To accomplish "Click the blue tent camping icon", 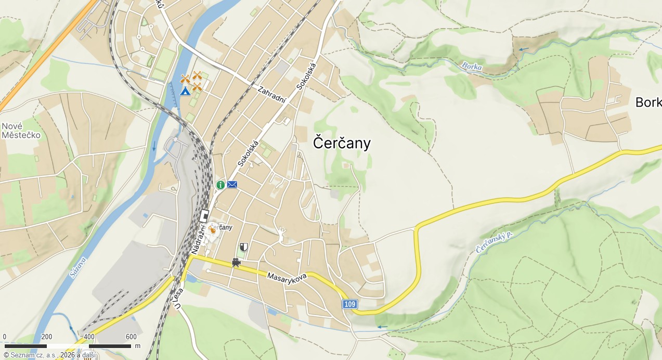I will (x=185, y=92).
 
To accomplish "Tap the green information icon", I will (x=220, y=185).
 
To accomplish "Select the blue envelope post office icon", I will (x=232, y=184).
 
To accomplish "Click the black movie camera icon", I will (x=236, y=263).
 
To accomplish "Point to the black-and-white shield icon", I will (x=244, y=247).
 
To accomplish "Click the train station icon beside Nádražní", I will (x=204, y=215).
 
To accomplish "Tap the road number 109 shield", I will (x=350, y=304).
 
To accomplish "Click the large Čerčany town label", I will (x=342, y=143).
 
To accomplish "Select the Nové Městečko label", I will (x=21, y=131).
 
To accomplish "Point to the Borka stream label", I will (x=472, y=67).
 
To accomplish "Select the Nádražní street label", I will (x=198, y=236).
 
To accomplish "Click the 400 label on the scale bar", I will (x=89, y=337).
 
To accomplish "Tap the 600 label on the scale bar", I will (x=131, y=337).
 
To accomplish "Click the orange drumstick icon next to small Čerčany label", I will (x=212, y=229).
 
